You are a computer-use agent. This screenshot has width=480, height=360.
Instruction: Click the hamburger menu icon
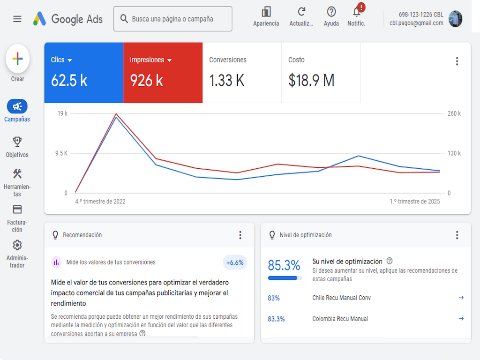coord(17,19)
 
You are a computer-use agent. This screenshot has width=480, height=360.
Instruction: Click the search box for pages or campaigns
coord(172,19)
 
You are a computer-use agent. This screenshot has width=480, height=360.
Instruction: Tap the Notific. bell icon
coord(356,12)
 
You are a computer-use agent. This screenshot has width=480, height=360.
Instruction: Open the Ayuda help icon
coord(331,12)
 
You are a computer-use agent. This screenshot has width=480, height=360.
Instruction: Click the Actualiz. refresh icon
coord(301,12)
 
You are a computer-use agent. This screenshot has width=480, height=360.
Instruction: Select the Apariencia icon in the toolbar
coord(266,12)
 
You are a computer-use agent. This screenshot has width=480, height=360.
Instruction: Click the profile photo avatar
coord(456,19)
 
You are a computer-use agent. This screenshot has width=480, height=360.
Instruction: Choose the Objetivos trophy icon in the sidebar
coord(17,142)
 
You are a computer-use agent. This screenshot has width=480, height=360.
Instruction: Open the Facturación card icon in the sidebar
coord(17,210)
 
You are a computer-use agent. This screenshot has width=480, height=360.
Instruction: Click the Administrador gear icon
coord(17,245)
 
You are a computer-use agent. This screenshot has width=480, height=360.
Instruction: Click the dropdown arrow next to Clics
coord(70,60)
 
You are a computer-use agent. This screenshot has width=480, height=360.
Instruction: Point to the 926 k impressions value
coord(146,80)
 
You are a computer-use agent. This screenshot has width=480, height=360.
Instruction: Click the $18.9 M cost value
coord(311,80)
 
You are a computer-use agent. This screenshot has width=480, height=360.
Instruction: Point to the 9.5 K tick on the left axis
coord(61,153)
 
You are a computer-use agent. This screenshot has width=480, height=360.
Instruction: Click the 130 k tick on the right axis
coord(454,153)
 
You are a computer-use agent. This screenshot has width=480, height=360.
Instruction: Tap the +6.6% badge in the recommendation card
coord(235,262)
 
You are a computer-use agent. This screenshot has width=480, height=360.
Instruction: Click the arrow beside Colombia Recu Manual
coord(461,319)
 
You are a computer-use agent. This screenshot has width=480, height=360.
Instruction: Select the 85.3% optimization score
coord(284,265)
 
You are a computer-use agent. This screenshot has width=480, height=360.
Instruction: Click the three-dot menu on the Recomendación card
coord(240,235)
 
